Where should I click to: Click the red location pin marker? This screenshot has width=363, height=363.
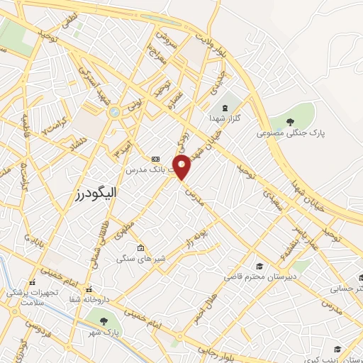pyautogui.click(x=182, y=167)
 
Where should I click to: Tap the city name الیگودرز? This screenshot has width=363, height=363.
pyautogui.click(x=96, y=192)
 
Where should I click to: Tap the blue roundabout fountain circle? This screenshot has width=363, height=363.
pyautogui.click(x=113, y=111)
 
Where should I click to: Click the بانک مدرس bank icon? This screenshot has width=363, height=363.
pyautogui.click(x=155, y=159)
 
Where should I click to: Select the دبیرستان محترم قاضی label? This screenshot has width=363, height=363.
pyautogui.click(x=259, y=277)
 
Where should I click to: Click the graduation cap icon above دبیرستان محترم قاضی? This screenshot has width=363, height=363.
pyautogui.click(x=259, y=266)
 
